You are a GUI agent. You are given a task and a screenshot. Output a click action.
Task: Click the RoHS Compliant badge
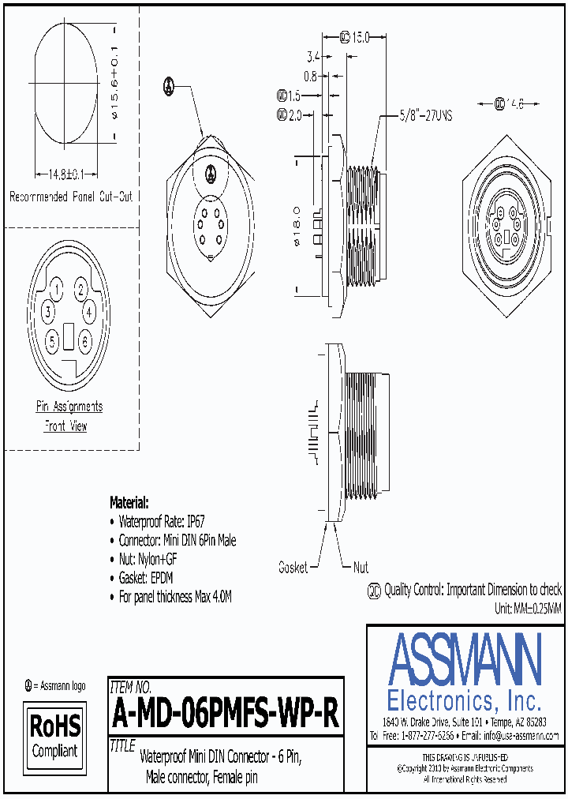point(54,736)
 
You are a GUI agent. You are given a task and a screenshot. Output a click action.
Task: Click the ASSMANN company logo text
point(465,659)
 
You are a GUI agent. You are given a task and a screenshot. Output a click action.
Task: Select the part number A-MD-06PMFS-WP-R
point(226,715)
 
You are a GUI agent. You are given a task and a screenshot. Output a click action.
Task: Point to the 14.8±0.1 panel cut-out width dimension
point(61,174)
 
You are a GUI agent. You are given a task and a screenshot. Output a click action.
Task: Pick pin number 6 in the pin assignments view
point(85,341)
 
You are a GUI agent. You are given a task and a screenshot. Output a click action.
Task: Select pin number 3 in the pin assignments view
point(48,312)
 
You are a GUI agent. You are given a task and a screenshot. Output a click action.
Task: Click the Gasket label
point(293,567)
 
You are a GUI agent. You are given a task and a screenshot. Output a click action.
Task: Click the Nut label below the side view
point(361,567)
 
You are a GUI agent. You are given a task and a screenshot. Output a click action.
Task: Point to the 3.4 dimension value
point(312,57)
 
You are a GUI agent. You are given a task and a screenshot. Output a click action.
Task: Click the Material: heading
point(129,502)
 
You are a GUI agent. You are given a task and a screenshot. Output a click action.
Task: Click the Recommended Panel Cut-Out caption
point(70,197)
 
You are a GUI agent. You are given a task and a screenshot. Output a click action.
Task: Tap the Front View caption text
point(65,426)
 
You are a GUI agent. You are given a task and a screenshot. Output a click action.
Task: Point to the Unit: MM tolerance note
point(528,609)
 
